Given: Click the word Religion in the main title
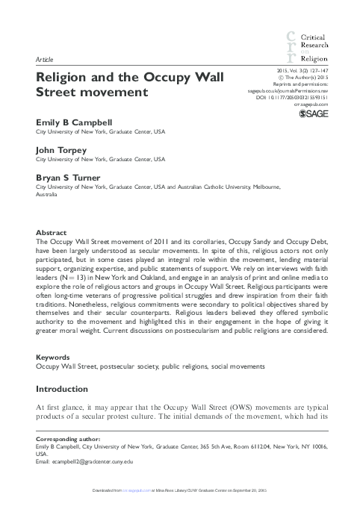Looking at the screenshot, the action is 67,77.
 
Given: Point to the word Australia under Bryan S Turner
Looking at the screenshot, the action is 49,195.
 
